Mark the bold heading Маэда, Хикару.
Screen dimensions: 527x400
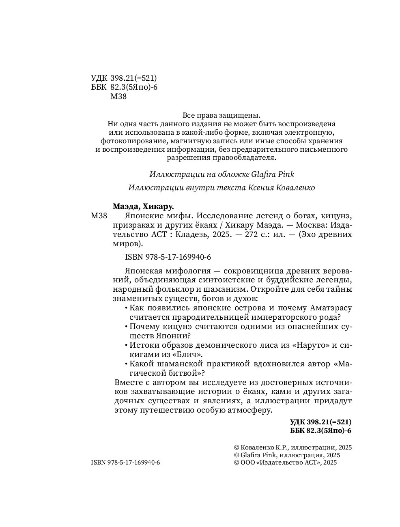point(146,206)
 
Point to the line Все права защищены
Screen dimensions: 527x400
point(222,115)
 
